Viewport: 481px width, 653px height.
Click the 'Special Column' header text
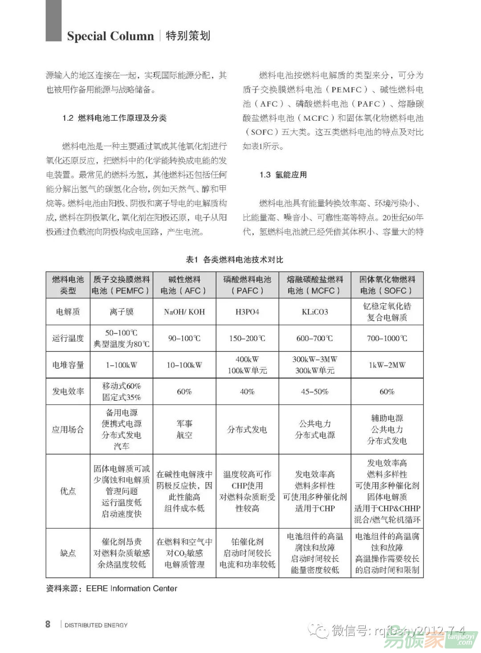(x=110, y=36)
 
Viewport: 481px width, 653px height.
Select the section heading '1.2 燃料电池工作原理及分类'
(x=114, y=118)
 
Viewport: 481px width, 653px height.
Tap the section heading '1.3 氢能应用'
(x=283, y=175)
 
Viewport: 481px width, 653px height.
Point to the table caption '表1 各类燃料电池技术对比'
(x=234, y=260)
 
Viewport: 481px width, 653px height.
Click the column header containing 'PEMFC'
(x=121, y=285)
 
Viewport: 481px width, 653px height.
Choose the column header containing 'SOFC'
(x=387, y=285)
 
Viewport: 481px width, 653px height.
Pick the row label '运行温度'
(x=68, y=338)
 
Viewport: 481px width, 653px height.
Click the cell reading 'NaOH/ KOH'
(x=184, y=312)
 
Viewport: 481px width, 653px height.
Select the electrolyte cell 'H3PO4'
(x=247, y=312)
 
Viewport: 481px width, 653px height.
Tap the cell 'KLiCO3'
(x=315, y=312)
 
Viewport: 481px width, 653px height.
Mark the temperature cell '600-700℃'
(x=315, y=339)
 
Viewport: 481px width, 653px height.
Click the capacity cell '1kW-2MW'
(x=387, y=365)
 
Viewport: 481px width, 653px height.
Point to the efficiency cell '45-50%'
(x=315, y=392)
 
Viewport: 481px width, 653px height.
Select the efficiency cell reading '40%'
(x=247, y=392)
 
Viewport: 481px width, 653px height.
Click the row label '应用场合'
(x=68, y=429)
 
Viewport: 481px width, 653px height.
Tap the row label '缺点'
(x=68, y=553)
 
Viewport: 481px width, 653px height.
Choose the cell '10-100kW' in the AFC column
(x=184, y=365)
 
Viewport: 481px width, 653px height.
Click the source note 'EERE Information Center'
(x=131, y=588)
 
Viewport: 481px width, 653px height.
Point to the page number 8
(x=48, y=624)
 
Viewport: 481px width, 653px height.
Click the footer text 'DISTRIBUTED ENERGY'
(x=96, y=625)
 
